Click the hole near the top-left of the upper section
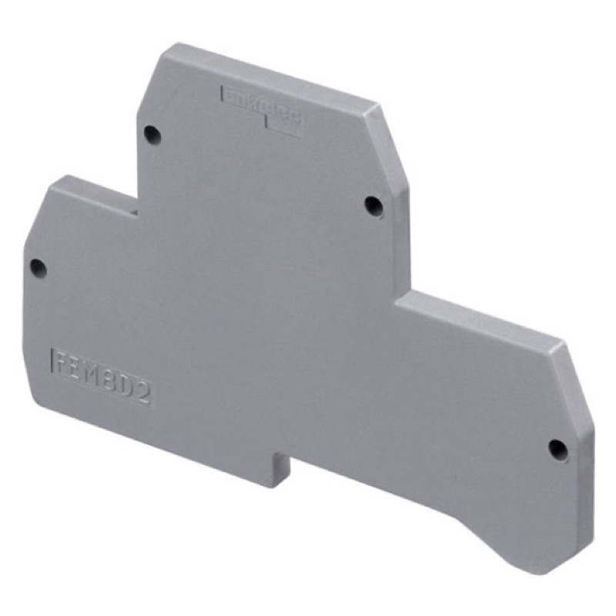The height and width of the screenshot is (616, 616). point(152,134)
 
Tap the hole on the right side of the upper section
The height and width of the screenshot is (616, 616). point(373,205)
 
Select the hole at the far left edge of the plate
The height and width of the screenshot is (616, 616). point(37,268)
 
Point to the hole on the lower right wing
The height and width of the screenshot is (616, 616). point(558,449)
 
